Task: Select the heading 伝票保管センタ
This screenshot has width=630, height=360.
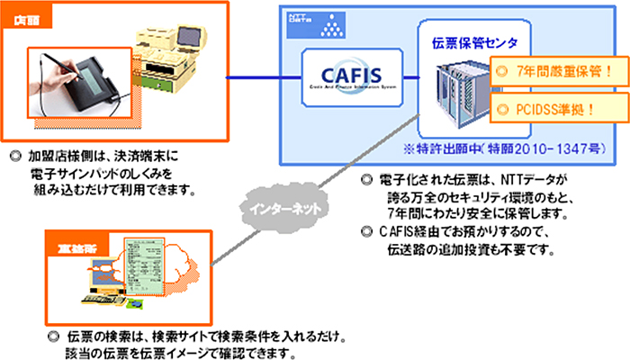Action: [x=469, y=42]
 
